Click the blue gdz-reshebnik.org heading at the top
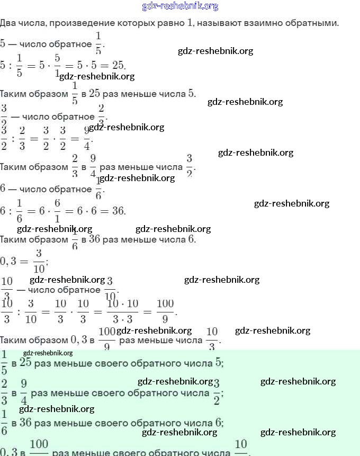pos(180,6)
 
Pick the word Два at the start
pos(8,23)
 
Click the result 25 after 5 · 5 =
pos(118,65)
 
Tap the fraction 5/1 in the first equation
pos(57,65)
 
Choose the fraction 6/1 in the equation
pos(57,211)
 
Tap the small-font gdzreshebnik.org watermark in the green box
pos(48,353)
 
